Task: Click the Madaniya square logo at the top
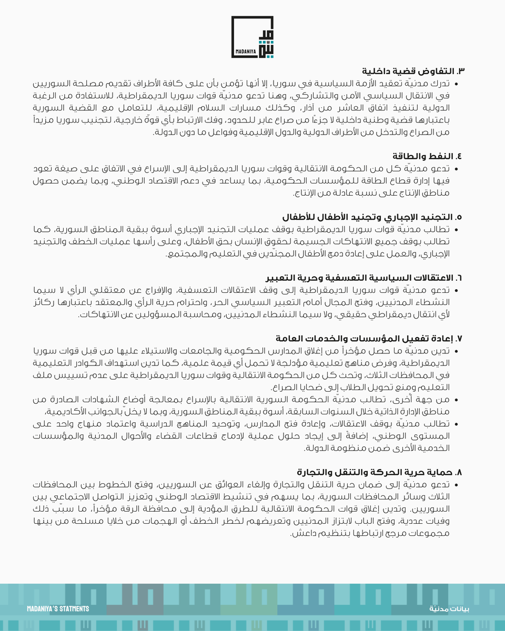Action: (252, 37)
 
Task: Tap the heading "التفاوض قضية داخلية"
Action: (411, 71)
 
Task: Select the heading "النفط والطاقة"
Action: (429, 156)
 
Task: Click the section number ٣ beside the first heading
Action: (462, 71)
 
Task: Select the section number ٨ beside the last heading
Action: (462, 471)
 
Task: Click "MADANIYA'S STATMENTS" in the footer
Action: (58, 608)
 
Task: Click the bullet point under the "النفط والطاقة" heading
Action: (456, 169)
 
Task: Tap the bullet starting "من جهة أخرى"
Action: (456, 399)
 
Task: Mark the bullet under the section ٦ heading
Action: (456, 290)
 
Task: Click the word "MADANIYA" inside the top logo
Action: (244, 54)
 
